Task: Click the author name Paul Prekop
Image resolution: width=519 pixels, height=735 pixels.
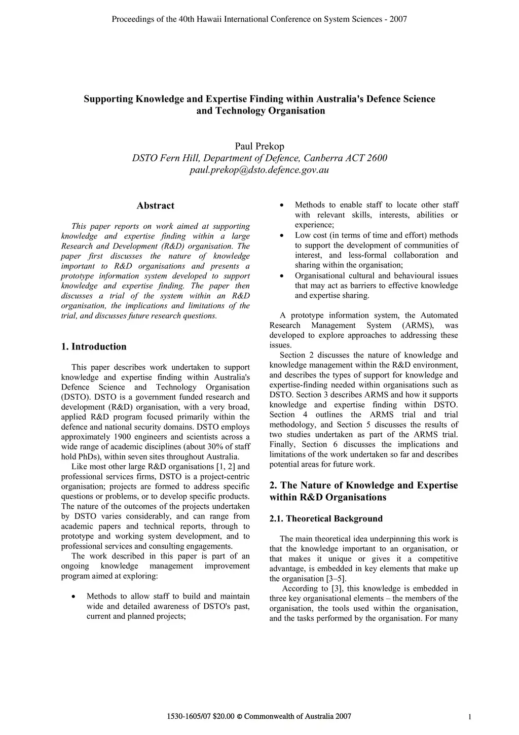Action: coord(259,146)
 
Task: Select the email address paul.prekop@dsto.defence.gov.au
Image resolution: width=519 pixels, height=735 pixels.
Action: coord(259,170)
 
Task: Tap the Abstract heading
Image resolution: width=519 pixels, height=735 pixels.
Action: coord(155,205)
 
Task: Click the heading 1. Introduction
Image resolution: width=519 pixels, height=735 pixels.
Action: coord(94,346)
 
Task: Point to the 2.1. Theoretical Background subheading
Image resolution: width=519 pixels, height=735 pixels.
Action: coord(326,518)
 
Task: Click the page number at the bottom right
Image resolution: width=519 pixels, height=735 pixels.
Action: coord(470,717)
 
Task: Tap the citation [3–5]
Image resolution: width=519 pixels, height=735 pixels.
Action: coord(337,579)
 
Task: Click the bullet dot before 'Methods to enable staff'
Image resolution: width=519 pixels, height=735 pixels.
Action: coord(282,205)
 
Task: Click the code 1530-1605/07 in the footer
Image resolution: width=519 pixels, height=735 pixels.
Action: coord(190,717)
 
